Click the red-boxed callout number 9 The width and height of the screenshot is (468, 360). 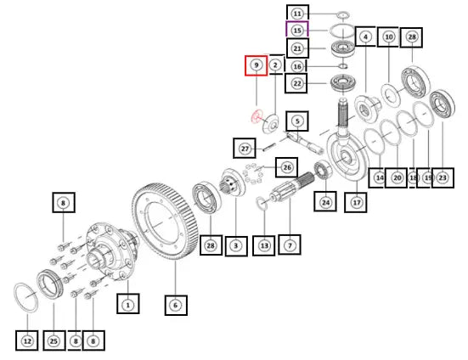257,65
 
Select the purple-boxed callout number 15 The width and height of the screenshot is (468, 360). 297,30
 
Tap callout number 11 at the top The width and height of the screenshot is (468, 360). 297,14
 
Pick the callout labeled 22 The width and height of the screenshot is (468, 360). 296,83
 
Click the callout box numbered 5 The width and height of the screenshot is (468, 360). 297,121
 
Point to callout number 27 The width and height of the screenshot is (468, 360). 245,149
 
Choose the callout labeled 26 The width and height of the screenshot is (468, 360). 287,167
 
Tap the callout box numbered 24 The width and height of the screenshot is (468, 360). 325,202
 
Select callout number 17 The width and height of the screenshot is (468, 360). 356,203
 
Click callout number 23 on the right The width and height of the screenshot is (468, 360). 443,177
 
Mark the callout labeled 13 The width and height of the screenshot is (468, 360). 264,245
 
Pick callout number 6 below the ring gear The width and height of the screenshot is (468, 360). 176,305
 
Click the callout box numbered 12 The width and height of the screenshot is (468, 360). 27,340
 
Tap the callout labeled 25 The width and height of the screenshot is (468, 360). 54,340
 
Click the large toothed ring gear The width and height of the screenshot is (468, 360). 166,221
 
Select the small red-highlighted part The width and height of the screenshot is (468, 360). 257,115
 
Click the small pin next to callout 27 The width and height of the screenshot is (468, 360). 270,147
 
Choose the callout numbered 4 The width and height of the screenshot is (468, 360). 365,37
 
